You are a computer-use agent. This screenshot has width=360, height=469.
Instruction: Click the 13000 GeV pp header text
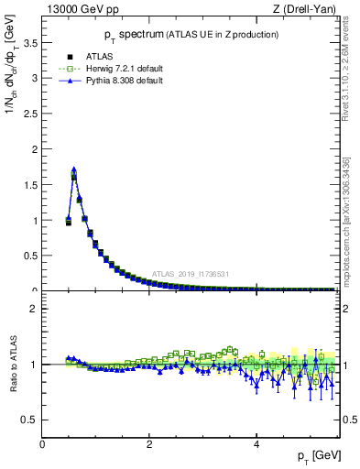[x=81, y=10]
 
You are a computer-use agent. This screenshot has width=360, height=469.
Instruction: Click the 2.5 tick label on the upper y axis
[x=30, y=114]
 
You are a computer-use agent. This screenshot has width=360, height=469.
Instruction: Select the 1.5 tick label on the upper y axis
[x=30, y=185]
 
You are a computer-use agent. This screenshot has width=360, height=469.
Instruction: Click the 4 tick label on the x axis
[x=256, y=444]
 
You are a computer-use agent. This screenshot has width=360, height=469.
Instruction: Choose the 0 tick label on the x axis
[x=42, y=444]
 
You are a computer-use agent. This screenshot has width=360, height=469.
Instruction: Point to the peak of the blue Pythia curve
[x=73, y=169]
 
